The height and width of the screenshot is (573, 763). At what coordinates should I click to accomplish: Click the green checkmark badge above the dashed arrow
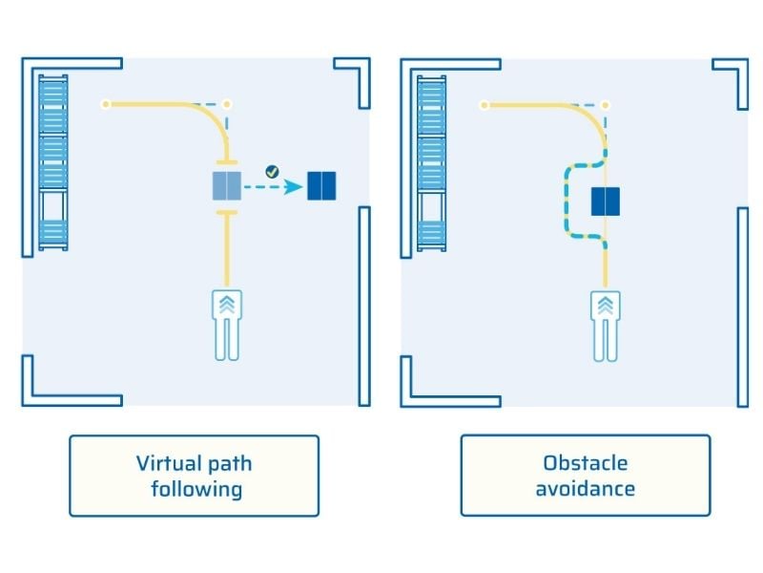(272, 172)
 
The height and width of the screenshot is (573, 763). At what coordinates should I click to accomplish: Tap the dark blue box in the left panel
(321, 186)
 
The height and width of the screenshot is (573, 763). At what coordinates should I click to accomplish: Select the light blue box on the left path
(227, 186)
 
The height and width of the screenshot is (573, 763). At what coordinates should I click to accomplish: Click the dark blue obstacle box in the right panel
(606, 202)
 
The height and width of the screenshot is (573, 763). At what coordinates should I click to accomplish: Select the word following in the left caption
(194, 490)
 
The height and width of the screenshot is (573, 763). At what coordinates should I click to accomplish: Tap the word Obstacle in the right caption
(586, 464)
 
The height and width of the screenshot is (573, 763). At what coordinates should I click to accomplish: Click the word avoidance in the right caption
(586, 489)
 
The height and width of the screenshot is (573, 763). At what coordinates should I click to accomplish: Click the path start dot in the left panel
(106, 103)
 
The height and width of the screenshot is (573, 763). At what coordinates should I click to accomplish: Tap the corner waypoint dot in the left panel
(226, 103)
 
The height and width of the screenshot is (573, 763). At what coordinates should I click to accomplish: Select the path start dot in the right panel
(485, 104)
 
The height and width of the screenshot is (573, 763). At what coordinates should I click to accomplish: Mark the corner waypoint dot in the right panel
(605, 104)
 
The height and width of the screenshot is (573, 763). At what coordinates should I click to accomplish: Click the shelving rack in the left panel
(52, 162)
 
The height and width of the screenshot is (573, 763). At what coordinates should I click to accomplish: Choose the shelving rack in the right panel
(432, 162)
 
